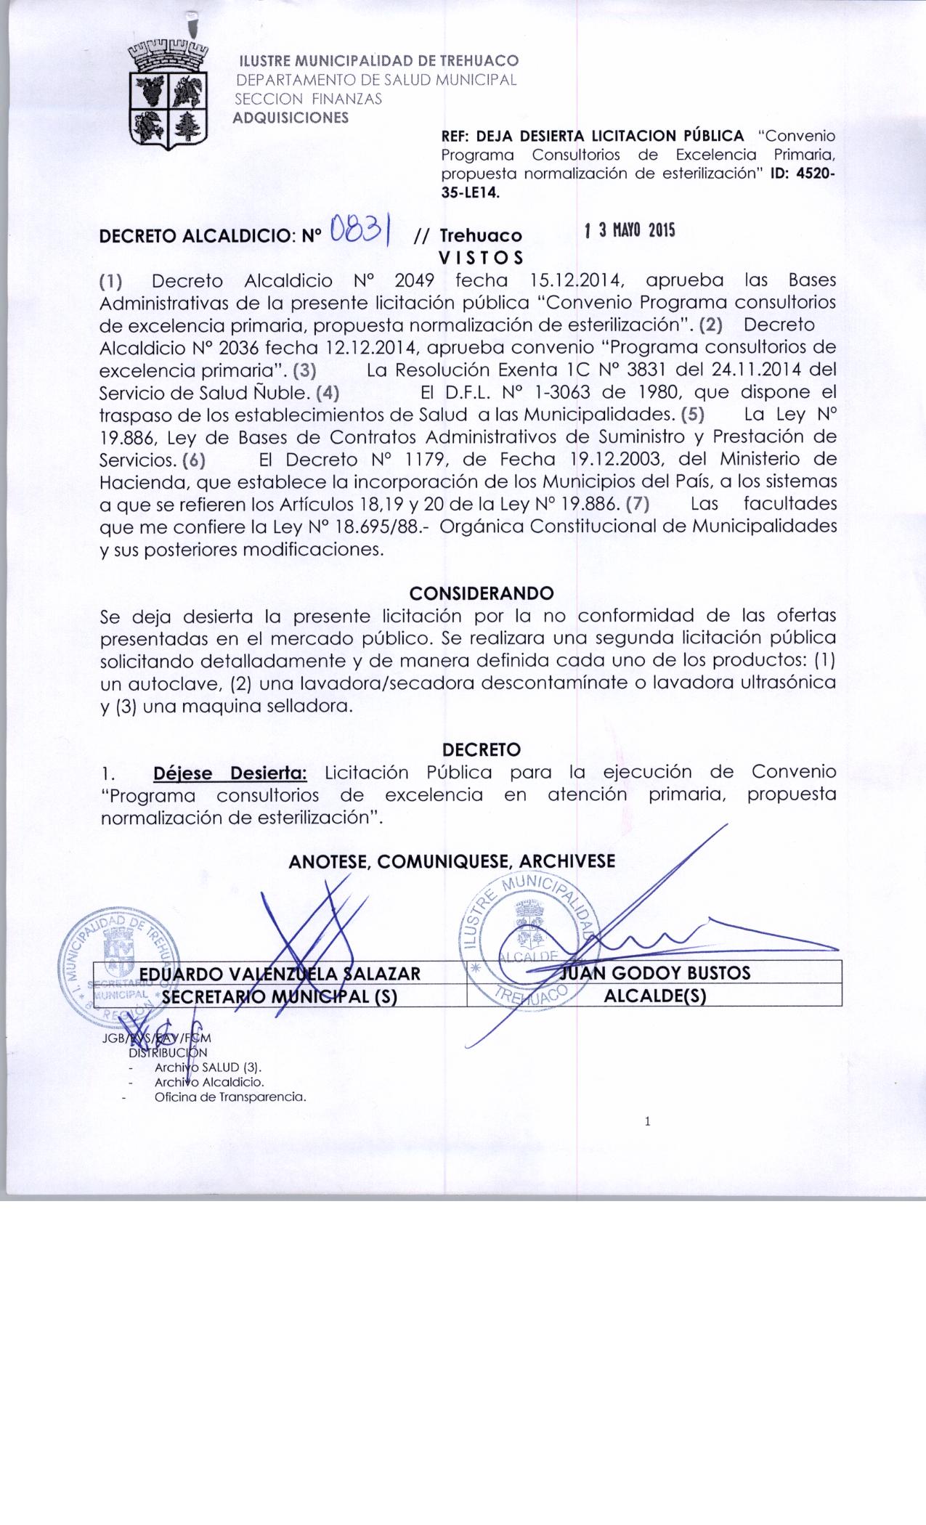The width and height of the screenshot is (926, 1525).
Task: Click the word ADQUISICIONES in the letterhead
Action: coord(290,118)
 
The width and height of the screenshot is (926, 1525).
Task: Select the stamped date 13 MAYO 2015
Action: coord(630,231)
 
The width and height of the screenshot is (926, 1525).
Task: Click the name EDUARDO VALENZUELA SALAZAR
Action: coord(280,973)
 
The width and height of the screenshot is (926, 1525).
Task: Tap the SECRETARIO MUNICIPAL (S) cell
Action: coord(280,996)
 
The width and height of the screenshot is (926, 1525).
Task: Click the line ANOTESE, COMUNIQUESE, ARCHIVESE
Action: coord(452,861)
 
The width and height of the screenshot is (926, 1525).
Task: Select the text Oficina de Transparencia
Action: coord(230,1097)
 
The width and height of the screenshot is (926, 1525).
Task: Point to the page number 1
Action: coord(647,1122)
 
